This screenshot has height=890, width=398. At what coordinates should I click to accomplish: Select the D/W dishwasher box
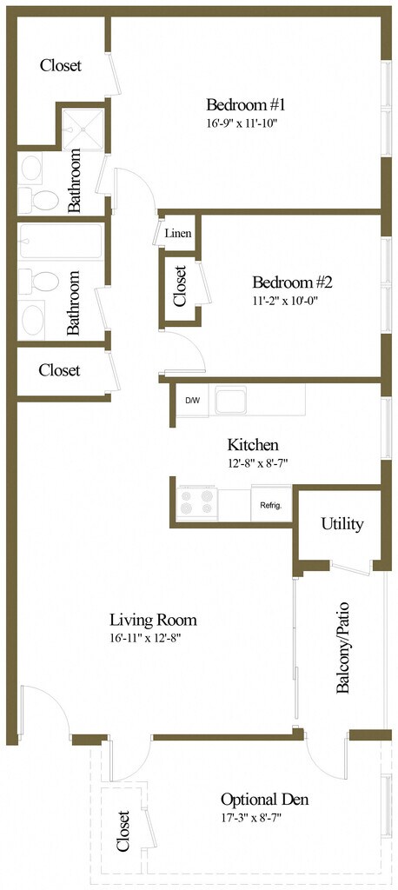click(x=193, y=400)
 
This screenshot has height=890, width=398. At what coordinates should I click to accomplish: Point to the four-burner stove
click(x=197, y=502)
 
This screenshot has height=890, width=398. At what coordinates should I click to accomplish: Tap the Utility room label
click(x=342, y=524)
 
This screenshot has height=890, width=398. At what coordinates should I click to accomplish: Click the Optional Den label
click(x=264, y=800)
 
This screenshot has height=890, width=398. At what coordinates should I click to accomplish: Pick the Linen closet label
click(x=177, y=233)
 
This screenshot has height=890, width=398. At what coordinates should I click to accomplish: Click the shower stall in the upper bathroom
click(x=83, y=129)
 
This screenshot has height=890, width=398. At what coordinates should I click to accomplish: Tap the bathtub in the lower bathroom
click(x=60, y=244)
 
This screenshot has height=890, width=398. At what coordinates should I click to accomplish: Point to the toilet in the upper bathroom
click(x=39, y=199)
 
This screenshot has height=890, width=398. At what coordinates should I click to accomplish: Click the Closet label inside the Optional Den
click(x=123, y=830)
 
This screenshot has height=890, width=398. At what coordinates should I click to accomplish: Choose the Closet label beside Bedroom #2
click(x=181, y=286)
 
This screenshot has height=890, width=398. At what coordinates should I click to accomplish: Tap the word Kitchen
click(x=253, y=444)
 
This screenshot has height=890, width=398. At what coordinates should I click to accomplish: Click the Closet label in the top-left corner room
click(x=61, y=66)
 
